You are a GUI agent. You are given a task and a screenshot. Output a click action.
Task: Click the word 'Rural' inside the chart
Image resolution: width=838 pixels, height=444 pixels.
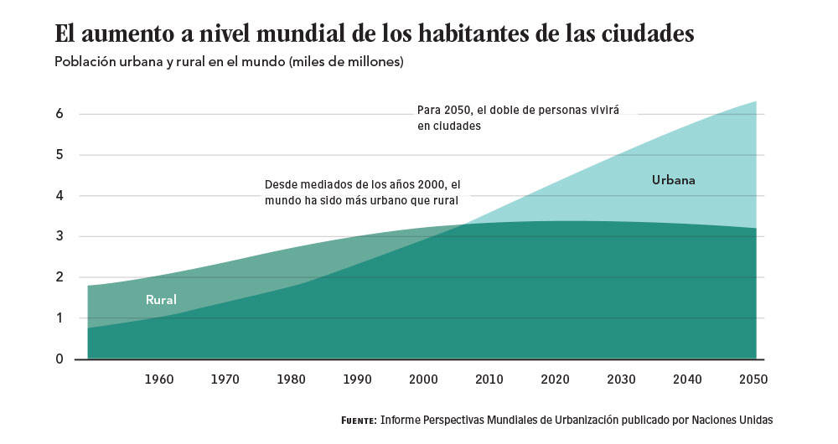coord(161,299)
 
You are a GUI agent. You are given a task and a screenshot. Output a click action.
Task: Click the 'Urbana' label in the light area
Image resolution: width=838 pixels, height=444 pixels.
coord(674,179)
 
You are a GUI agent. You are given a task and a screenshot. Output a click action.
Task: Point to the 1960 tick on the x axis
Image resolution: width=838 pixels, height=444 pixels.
coord(158,379)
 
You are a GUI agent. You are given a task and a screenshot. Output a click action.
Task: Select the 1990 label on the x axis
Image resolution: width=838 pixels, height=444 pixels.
coord(357,379)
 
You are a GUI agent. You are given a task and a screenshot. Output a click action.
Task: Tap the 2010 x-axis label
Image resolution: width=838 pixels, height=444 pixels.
coord(489,379)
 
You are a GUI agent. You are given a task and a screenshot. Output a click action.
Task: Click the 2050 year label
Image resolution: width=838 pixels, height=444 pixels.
coord(754,379)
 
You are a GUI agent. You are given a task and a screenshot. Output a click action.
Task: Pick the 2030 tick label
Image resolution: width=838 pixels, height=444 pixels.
coord(622,379)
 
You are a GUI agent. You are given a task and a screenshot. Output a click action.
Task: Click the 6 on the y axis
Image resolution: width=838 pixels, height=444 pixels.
coord(59,114)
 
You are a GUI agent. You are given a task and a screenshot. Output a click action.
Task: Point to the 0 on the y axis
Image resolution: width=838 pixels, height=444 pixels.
coord(59,359)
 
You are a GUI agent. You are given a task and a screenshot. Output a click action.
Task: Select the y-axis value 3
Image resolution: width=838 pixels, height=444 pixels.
coord(59,236)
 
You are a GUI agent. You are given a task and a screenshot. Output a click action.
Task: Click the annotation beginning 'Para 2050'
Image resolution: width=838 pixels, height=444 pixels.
coord(517,117)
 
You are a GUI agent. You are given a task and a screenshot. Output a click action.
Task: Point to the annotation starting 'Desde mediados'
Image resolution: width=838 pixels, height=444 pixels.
coord(363,192)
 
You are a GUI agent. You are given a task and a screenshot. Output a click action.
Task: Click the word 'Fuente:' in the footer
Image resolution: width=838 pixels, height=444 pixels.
coord(359,420)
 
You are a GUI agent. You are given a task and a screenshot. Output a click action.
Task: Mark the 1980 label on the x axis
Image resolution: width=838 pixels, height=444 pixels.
coord(291,379)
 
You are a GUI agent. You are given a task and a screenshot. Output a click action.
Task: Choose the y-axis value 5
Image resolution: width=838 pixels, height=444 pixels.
coord(59,155)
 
